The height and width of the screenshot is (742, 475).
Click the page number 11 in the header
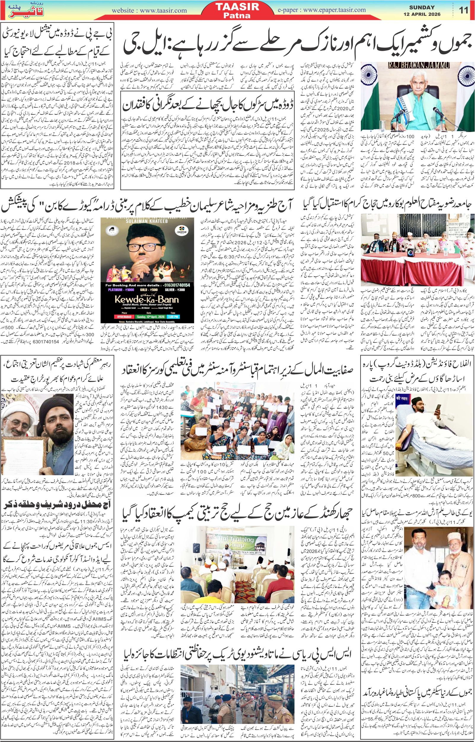464,10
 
